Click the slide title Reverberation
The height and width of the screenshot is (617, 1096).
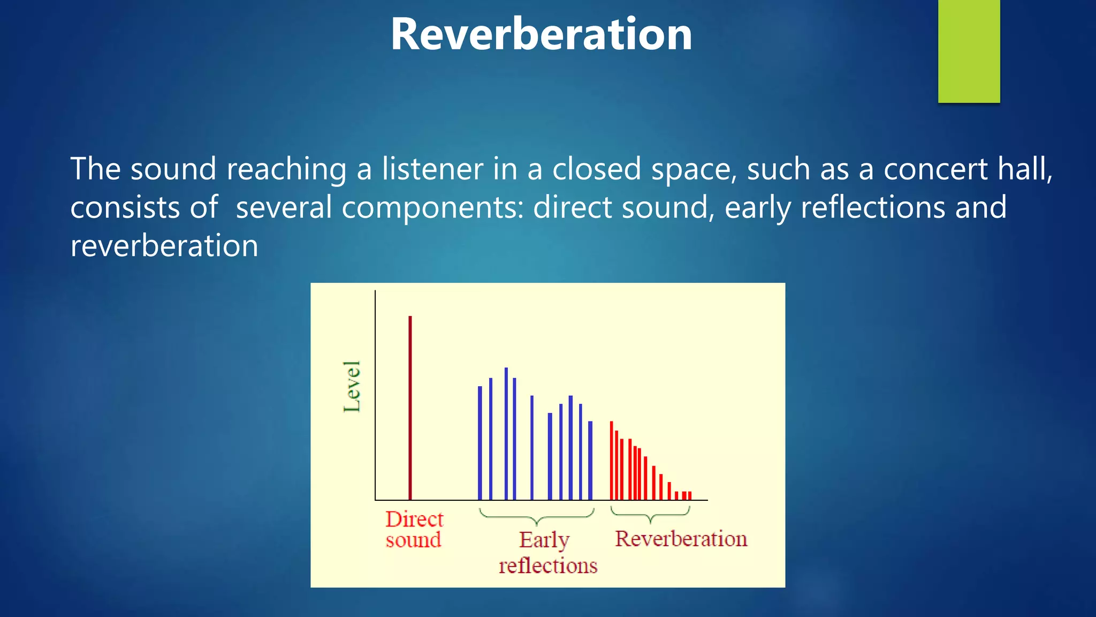tap(541, 34)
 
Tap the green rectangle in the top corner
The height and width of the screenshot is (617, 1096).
tap(969, 51)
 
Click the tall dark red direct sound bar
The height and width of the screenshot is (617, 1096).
tap(410, 407)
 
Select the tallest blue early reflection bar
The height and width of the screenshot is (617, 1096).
tap(506, 434)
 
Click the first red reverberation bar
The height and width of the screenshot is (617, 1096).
tap(611, 461)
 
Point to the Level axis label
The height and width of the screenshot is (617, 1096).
tap(352, 386)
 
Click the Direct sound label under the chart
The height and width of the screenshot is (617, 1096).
tap(414, 529)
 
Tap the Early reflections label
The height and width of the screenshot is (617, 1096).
tap(547, 552)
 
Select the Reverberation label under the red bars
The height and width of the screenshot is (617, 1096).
tap(681, 538)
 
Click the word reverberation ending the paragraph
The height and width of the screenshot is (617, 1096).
tap(164, 246)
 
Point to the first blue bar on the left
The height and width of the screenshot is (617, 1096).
tap(479, 443)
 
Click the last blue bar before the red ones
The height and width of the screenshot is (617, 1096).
tap(590, 461)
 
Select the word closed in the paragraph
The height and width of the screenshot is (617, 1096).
tap(596, 169)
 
